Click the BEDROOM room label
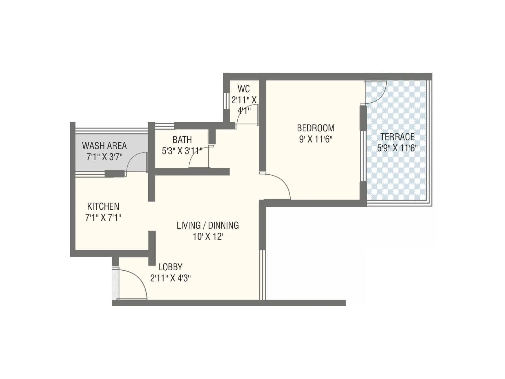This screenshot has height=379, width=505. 316,128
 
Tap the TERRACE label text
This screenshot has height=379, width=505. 397,137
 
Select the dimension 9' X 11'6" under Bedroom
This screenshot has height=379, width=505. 316,139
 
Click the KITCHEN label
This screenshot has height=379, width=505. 103,207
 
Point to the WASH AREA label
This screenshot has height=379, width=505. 104,146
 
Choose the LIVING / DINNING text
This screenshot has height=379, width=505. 208,226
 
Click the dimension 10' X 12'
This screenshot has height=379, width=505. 208,237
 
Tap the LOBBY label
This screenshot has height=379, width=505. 170,267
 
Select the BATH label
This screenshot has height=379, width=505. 182,140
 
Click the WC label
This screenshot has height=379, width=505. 244,89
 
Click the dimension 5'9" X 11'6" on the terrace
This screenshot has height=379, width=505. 397,148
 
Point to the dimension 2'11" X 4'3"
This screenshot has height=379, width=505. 170,278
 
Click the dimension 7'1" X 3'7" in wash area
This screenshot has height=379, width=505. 104,157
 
